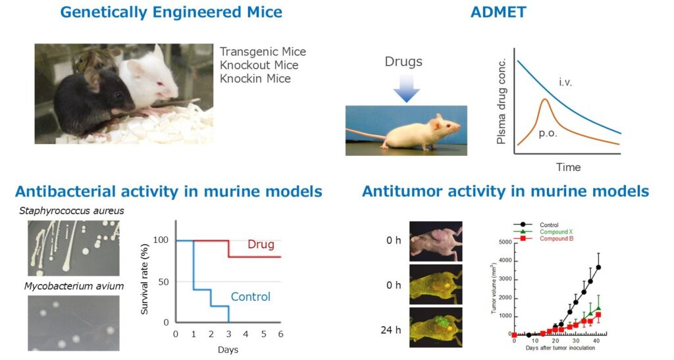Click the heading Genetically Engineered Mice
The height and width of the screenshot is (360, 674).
pyautogui.click(x=171, y=13)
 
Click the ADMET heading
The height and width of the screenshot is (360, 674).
pyautogui.click(x=498, y=12)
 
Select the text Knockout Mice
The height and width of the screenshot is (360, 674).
pyautogui.click(x=259, y=65)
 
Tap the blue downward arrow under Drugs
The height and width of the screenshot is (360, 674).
pyautogui.click(x=406, y=88)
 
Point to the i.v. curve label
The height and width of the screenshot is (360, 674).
pyautogui.click(x=565, y=82)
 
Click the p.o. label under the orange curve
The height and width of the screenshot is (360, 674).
pyautogui.click(x=548, y=134)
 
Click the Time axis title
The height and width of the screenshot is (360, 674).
pyautogui.click(x=568, y=167)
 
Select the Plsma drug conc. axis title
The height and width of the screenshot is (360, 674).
pyautogui.click(x=501, y=101)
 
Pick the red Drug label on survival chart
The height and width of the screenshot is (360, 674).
pyautogui.click(x=261, y=244)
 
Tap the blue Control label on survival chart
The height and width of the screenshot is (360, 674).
pyautogui.click(x=251, y=296)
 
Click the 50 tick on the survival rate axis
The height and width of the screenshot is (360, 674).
pyautogui.click(x=163, y=282)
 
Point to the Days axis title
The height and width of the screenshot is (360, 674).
pyautogui.click(x=228, y=349)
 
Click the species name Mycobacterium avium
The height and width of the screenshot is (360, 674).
pyautogui.click(x=74, y=286)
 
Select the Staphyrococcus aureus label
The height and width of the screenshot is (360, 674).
pyautogui.click(x=71, y=211)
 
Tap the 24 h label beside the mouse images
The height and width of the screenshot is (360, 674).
pyautogui.click(x=390, y=330)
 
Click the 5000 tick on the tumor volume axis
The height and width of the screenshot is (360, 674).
pyautogui.click(x=505, y=242)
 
